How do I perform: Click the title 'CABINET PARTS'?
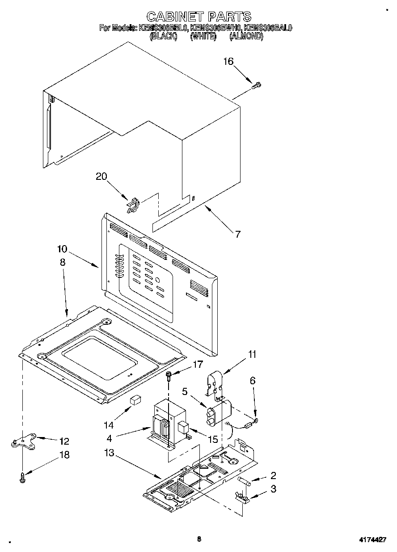click(x=198, y=17)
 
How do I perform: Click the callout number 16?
click(x=228, y=61)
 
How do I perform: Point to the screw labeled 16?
click(x=257, y=85)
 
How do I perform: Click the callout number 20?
click(x=101, y=176)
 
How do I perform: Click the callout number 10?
click(x=62, y=248)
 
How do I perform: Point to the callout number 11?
click(x=253, y=355)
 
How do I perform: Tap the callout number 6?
click(x=253, y=381)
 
